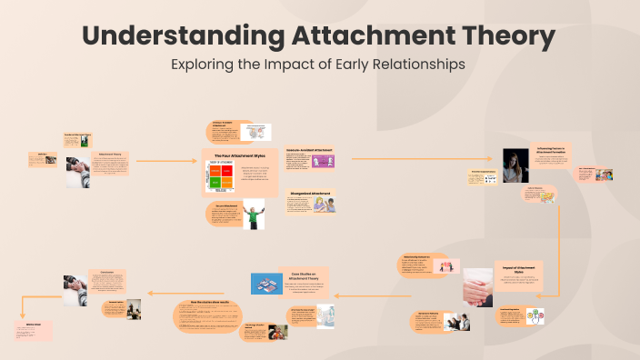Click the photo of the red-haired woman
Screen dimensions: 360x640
tap(516, 165)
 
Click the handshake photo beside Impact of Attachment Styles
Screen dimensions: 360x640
tap(476, 287)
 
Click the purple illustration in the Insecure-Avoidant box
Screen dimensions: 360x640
tap(323, 161)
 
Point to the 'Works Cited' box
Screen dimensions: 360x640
tap(33, 328)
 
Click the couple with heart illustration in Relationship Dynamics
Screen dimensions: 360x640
tap(446, 266)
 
